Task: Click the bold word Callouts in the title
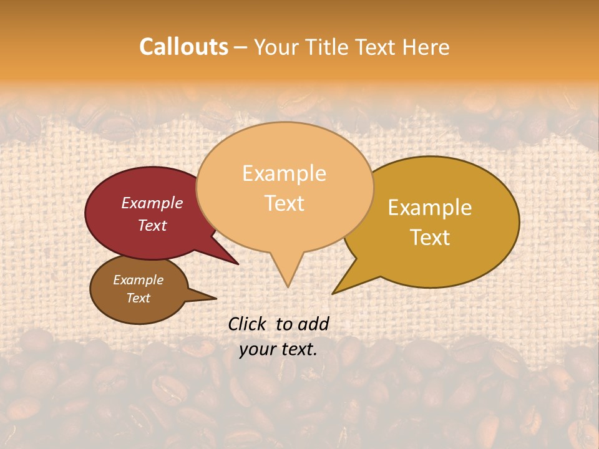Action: pos(183,47)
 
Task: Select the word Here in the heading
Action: pos(426,47)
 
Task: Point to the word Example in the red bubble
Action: pos(152,203)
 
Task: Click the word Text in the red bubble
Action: pos(152,225)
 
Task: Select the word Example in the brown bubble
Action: pos(138,280)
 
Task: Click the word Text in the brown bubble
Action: pos(138,298)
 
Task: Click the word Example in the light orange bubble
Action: pos(284,173)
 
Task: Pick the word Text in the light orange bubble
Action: pos(284,203)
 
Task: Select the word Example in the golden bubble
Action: pos(430,208)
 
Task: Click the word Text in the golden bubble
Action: pos(430,237)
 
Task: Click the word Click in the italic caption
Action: pos(248,324)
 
